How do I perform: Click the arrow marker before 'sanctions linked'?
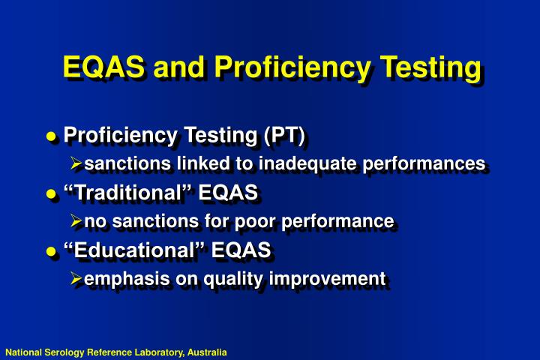(76, 163)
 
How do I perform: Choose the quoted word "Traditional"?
(127, 193)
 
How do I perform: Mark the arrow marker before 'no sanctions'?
(76, 221)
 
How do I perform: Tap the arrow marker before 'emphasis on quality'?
(76, 280)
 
